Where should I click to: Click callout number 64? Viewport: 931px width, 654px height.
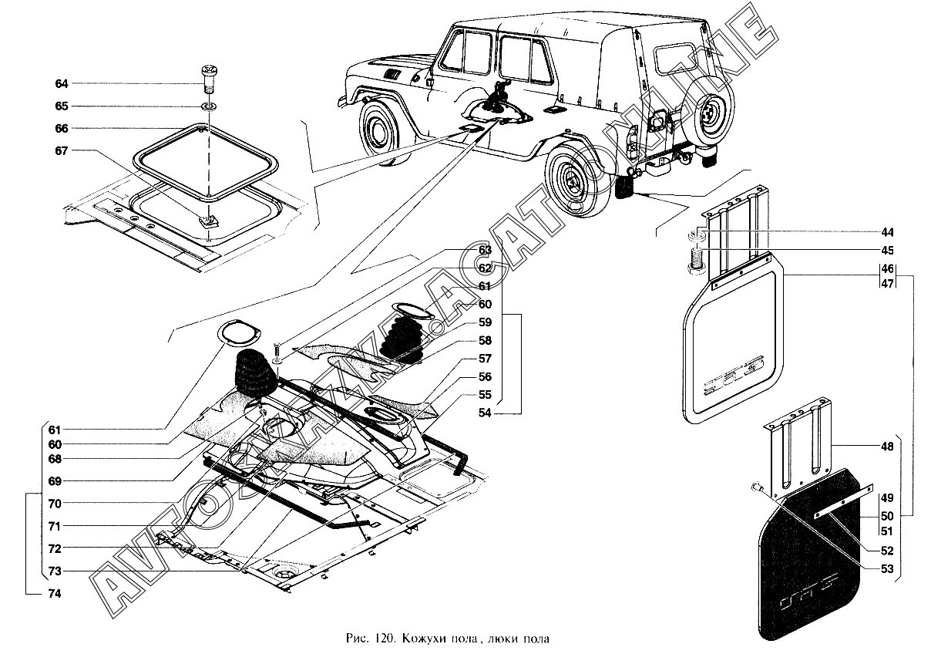61,83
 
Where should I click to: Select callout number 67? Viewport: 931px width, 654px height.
61,150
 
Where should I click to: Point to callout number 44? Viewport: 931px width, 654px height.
888,232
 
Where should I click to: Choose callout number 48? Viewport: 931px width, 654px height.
888,447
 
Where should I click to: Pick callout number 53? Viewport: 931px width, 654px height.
888,569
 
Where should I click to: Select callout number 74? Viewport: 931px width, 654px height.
54,594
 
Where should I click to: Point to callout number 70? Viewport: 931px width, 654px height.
54,504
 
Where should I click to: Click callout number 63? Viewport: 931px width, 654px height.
484,249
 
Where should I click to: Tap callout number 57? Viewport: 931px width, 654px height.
484,359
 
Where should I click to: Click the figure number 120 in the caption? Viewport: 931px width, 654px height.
388,639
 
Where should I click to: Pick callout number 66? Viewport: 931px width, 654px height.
61,128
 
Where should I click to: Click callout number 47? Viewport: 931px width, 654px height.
888,284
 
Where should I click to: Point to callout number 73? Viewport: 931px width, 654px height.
54,571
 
